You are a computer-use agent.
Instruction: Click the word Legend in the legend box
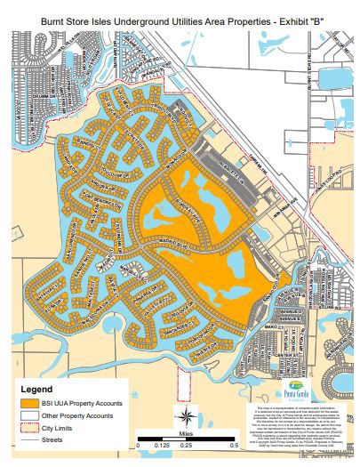[36, 389]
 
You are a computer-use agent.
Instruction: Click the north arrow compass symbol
[185, 415]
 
